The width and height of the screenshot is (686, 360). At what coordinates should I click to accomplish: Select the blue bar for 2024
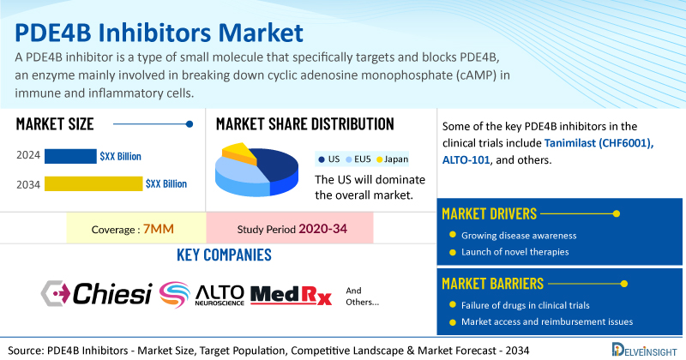click(x=70, y=156)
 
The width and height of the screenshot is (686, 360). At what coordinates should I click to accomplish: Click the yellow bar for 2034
click(x=93, y=183)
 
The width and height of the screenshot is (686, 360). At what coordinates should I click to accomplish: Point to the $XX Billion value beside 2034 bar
click(x=165, y=183)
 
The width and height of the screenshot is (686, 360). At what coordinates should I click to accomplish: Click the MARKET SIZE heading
click(x=55, y=123)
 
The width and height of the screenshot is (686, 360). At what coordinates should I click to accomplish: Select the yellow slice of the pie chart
click(x=241, y=153)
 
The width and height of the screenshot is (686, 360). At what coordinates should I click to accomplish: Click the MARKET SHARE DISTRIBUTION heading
click(x=305, y=123)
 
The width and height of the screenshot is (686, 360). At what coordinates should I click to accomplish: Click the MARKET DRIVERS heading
click(x=490, y=213)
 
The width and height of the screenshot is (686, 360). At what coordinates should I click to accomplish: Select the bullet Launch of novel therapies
click(x=515, y=253)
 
